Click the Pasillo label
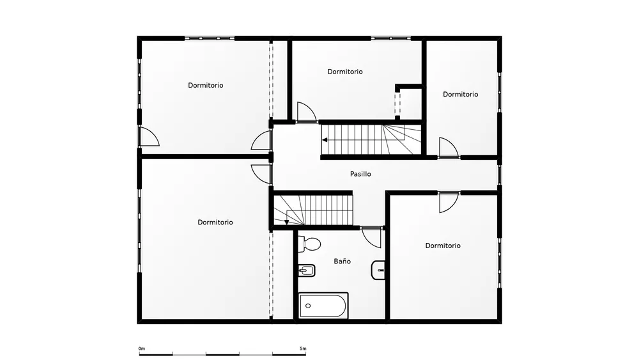(x=360, y=174)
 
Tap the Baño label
(x=342, y=262)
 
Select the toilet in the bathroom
(x=309, y=244)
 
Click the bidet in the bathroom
(x=307, y=270)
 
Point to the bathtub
(x=323, y=306)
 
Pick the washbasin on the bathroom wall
(x=378, y=270)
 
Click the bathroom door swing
(x=372, y=237)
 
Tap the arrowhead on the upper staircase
(x=325, y=140)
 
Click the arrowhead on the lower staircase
(x=286, y=222)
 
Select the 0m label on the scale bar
(x=141, y=348)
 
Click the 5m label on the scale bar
(x=303, y=348)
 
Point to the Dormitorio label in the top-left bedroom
(x=205, y=85)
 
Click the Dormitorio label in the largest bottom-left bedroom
(x=215, y=222)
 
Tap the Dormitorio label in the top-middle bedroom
(x=345, y=72)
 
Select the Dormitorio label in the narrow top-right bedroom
(x=461, y=94)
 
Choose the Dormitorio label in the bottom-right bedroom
(x=443, y=246)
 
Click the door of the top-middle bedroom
(x=307, y=112)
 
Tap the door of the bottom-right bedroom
(x=449, y=202)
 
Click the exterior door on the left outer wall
(x=149, y=136)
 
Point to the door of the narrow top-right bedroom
(x=449, y=148)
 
